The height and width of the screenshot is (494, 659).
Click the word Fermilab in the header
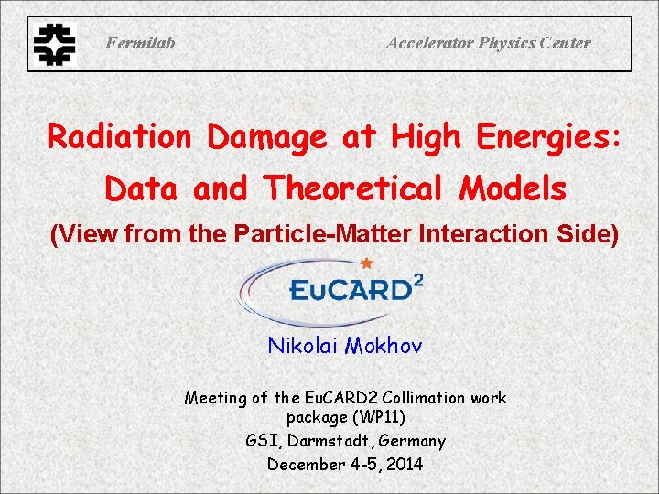140,43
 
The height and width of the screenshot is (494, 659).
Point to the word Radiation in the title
119,137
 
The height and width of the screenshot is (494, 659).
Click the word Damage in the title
266,137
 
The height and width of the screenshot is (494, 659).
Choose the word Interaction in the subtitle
486,235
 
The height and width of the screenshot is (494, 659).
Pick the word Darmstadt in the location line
332,441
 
